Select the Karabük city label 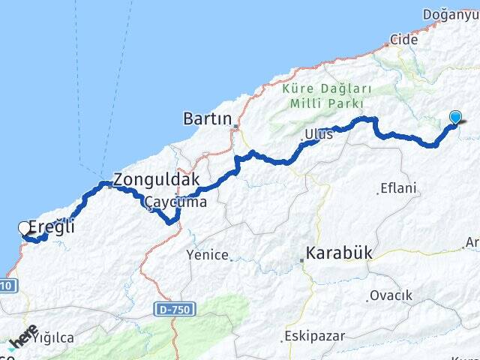pos(339,253)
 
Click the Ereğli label pos(51,226)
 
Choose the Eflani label pos(398,188)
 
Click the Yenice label pos(208,255)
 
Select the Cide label pos(403,39)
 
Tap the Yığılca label pos(52,338)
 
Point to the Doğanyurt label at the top pos(450,14)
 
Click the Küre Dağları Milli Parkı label pos(323,96)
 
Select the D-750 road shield pos(175,308)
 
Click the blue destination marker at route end pos(455,117)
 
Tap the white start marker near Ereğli pos(24,228)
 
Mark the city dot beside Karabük pos(302,260)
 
